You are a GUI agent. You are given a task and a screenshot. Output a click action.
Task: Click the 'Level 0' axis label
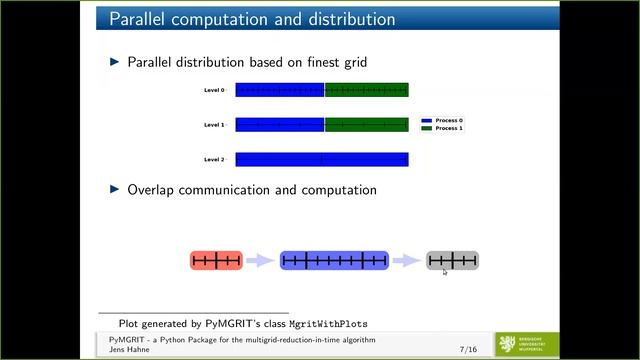click(214, 90)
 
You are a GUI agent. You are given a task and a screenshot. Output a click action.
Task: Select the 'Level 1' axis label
click(214, 125)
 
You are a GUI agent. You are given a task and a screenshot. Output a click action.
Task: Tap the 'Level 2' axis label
click(214, 159)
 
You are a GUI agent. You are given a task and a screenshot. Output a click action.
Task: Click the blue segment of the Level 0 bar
click(279, 90)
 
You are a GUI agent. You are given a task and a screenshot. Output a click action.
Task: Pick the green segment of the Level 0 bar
click(366, 90)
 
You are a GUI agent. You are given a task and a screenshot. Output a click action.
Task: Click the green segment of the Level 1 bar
click(366, 125)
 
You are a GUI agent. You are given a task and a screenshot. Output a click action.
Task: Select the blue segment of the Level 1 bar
click(279, 125)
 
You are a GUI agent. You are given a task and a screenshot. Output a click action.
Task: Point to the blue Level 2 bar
click(321, 159)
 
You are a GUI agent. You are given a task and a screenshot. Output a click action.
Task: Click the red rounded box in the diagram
click(216, 261)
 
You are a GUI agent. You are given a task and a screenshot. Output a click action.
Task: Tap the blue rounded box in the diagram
click(334, 261)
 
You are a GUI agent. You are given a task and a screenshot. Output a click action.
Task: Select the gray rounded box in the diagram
click(452, 261)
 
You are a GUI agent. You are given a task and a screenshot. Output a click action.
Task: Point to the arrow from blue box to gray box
click(406, 261)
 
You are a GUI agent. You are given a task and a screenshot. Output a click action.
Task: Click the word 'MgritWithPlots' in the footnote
click(328, 324)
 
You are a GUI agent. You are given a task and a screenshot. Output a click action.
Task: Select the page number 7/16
click(467, 350)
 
